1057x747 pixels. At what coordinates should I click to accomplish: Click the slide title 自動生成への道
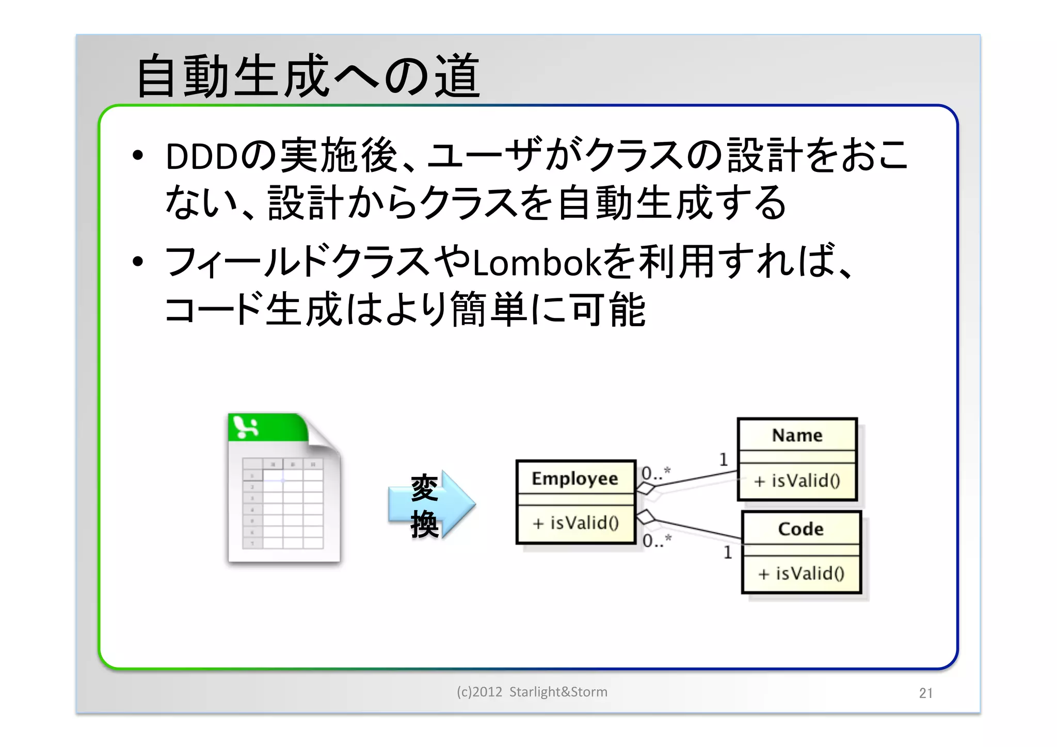pos(308,76)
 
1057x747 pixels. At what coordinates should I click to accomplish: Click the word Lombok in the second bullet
pos(537,263)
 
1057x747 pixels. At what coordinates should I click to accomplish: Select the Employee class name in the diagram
pos(575,478)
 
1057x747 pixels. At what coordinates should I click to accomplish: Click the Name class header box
pos(797,435)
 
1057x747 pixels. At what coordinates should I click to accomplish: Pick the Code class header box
pos(801,529)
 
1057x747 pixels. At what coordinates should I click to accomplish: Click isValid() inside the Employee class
pos(576,523)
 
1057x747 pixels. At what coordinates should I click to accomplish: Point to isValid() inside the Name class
pos(797,481)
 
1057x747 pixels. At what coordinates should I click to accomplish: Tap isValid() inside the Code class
pos(801,574)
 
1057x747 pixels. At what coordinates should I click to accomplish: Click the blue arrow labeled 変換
pos(431,505)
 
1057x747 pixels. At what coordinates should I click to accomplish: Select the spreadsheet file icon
pos(284,488)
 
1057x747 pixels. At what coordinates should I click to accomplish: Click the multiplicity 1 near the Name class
pos(724,459)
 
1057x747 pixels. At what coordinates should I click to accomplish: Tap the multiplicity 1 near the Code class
pos(728,552)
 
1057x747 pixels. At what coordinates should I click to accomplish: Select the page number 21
pos(925,693)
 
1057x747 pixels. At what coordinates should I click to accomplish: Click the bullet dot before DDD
pos(137,155)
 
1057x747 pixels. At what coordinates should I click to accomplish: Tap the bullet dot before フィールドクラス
pos(137,262)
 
